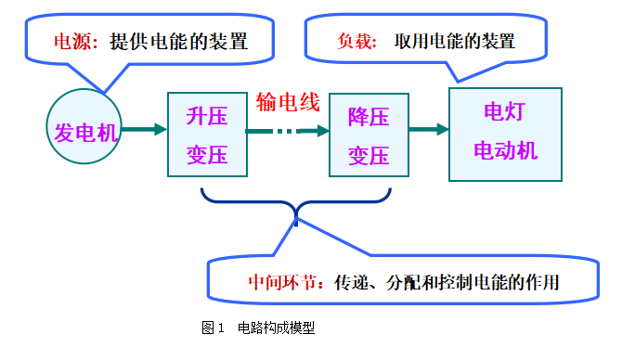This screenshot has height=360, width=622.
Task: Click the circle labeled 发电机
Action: pos(84,132)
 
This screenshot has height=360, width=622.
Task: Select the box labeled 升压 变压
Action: pos(208,135)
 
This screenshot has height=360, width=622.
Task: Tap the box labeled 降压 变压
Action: pos(369,135)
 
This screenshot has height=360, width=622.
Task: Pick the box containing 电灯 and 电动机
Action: pos(505,134)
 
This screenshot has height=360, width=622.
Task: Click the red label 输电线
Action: pos(288,102)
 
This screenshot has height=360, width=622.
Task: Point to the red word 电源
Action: pos(75,41)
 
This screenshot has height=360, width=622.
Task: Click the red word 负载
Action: pos(356,41)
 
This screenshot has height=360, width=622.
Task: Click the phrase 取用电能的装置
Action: pos(454,41)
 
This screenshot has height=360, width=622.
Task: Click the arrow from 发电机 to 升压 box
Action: pos(144,131)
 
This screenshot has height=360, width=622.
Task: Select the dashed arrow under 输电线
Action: pos(288,132)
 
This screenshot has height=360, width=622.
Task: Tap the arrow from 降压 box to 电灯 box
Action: pos(428,131)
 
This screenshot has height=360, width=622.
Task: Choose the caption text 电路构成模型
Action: pos(277,328)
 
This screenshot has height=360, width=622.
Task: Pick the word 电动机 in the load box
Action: pos(506,150)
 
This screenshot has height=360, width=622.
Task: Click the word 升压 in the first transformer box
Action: pos(208,117)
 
